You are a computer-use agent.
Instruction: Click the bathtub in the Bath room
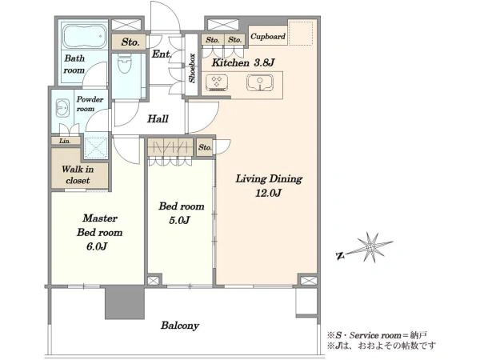(85, 36)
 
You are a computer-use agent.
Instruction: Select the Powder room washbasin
(62, 108)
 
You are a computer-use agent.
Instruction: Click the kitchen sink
(260, 82)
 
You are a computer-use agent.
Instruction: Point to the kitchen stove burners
(217, 82)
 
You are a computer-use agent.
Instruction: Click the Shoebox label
(192, 68)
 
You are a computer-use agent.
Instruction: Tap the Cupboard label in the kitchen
(267, 37)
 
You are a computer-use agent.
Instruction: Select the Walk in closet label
(78, 174)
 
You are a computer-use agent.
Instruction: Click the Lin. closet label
(65, 141)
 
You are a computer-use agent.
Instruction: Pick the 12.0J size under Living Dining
(268, 193)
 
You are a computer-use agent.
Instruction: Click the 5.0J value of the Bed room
(179, 220)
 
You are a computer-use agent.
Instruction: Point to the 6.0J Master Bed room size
(97, 246)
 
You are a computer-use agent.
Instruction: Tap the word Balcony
(180, 326)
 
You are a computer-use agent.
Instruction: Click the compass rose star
(371, 246)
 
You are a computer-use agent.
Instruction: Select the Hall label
(158, 118)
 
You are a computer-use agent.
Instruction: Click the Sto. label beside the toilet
(130, 42)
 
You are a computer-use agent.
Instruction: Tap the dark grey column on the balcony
(125, 302)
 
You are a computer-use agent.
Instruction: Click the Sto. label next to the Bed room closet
(205, 147)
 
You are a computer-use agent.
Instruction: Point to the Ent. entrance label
(162, 54)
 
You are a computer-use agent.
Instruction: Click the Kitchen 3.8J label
(243, 62)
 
